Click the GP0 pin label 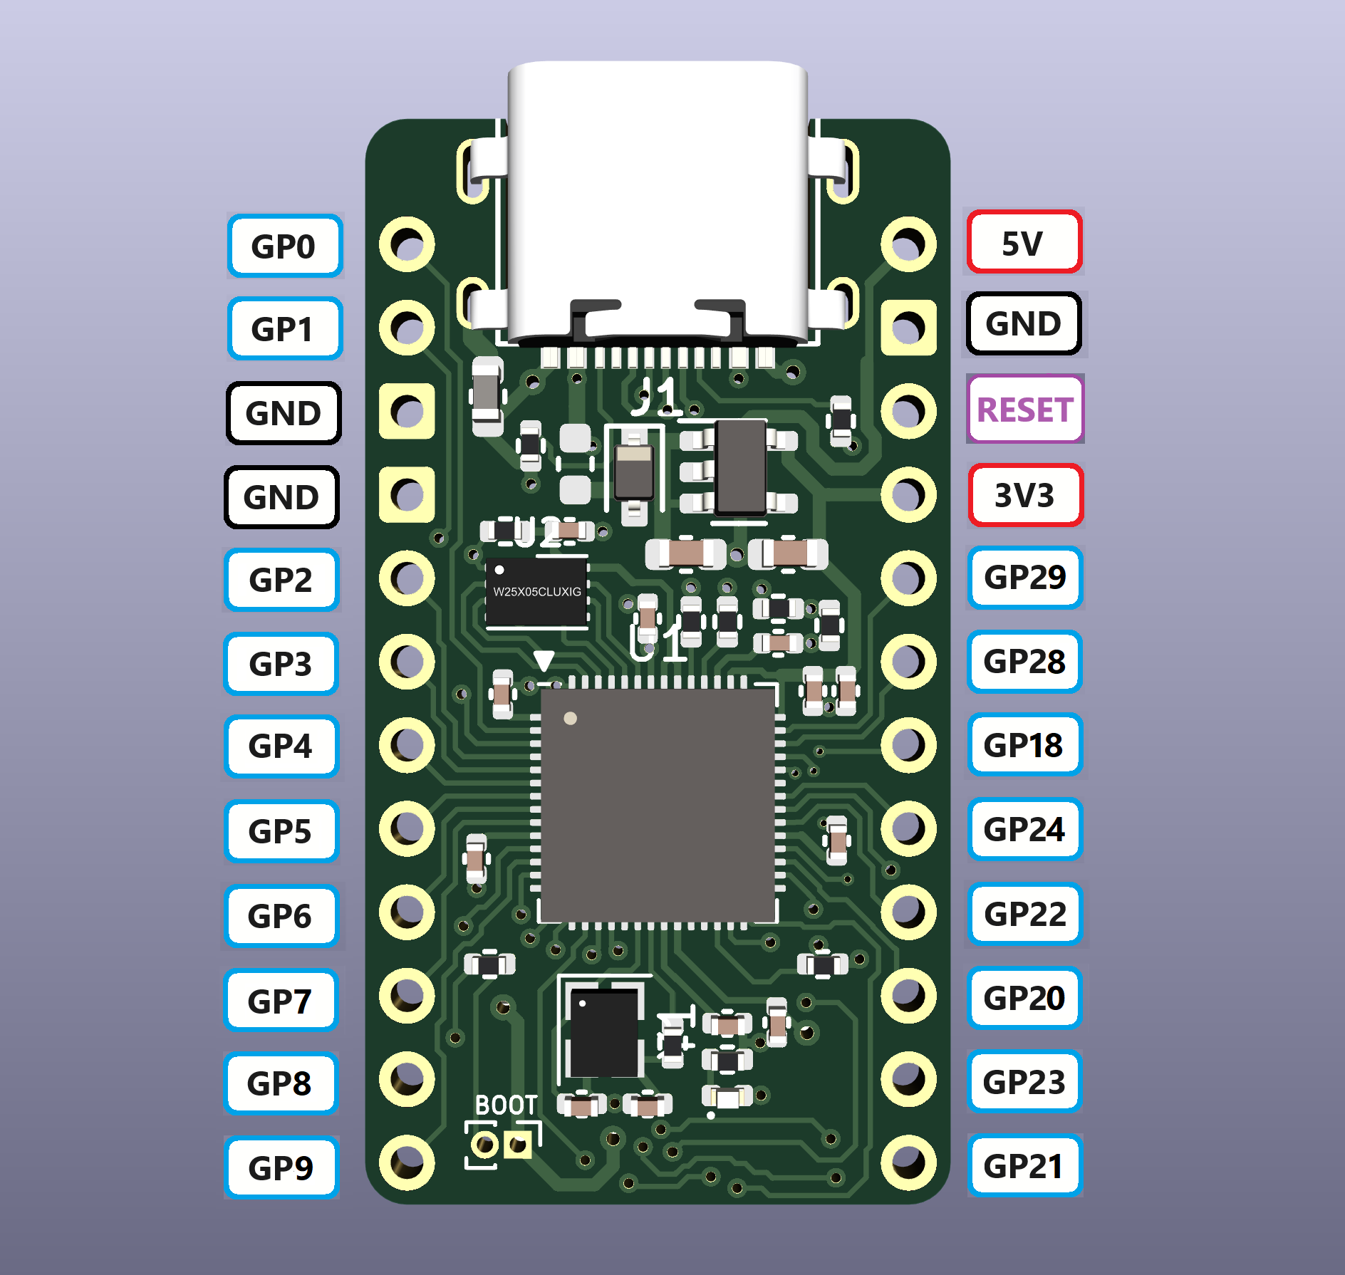pyautogui.click(x=284, y=246)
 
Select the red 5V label pyautogui.click(x=1024, y=243)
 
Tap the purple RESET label pyautogui.click(x=1024, y=410)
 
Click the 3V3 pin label pyautogui.click(x=1024, y=495)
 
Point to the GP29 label pyautogui.click(x=1024, y=578)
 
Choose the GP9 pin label pyautogui.click(x=281, y=1167)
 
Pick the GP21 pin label pyautogui.click(x=1024, y=1166)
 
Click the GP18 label pyautogui.click(x=1024, y=746)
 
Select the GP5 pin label pyautogui.click(x=281, y=831)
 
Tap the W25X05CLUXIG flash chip pyautogui.click(x=537, y=593)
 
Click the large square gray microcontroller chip pyautogui.click(x=658, y=806)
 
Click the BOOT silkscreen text pyautogui.click(x=506, y=1105)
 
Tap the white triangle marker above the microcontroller pyautogui.click(x=544, y=660)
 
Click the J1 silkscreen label pyautogui.click(x=657, y=396)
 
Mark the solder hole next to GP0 pyautogui.click(x=407, y=245)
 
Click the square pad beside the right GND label pyautogui.click(x=908, y=328)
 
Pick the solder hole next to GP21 pyautogui.click(x=908, y=1162)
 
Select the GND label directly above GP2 pyautogui.click(x=282, y=496)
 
